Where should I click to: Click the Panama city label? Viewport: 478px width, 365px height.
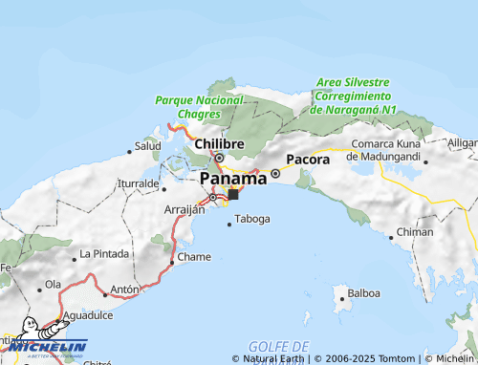tap(233, 179)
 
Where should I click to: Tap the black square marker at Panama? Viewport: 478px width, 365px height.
tap(233, 194)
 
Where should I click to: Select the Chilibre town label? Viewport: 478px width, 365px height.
tap(219, 144)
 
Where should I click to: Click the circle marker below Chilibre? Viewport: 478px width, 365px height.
tap(219, 158)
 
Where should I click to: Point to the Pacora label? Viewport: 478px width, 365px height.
tap(307, 160)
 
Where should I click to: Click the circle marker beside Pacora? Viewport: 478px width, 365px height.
tap(275, 173)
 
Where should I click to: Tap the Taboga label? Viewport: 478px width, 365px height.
tap(252, 219)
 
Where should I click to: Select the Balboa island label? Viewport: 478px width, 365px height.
tap(364, 293)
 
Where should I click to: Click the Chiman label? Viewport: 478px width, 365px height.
tap(414, 232)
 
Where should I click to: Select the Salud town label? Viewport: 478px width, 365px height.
tap(147, 146)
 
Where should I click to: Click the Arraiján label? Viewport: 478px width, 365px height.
tap(185, 209)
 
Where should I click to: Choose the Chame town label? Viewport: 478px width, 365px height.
tap(194, 257)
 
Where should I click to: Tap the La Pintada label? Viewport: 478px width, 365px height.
tap(102, 254)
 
